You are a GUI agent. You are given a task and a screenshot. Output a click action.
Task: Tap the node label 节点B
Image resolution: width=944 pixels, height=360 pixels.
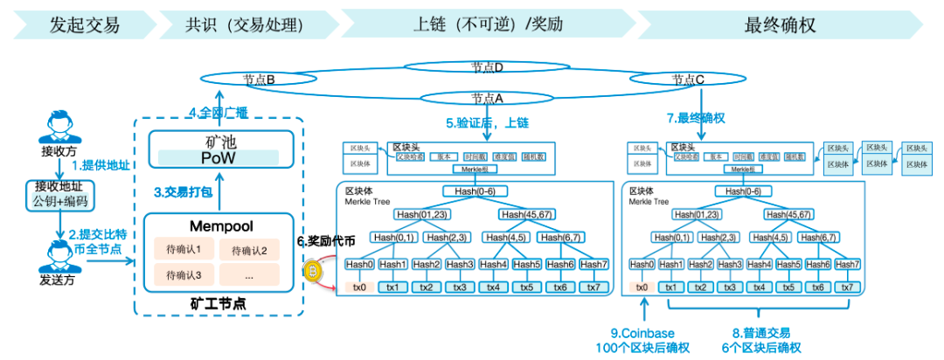click(260, 80)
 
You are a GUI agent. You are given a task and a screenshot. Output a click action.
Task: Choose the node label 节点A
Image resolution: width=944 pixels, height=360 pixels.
click(487, 97)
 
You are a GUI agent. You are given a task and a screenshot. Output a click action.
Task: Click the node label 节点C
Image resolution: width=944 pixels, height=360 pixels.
click(689, 80)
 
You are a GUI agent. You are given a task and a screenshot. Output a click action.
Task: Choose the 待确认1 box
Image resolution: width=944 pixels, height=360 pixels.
click(184, 249)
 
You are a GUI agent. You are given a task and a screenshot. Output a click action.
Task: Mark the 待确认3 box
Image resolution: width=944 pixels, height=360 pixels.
click(184, 274)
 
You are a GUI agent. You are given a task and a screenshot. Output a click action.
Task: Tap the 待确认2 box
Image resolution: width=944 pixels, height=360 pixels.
click(249, 251)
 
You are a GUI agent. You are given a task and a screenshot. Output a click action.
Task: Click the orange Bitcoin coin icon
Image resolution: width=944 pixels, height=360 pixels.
click(312, 272)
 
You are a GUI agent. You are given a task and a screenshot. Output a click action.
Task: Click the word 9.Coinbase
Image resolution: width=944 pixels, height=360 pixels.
click(643, 333)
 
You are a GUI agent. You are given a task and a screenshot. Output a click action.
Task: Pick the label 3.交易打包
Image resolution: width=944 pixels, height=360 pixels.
click(183, 190)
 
